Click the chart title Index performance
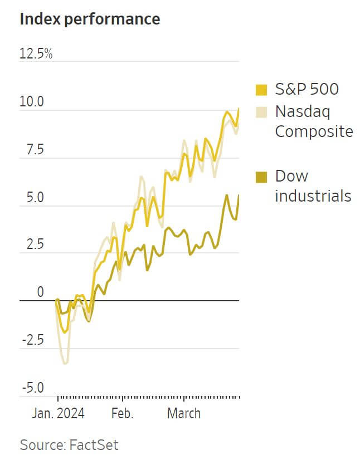point(90,19)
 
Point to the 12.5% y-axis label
point(36,54)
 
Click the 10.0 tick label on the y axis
point(32,102)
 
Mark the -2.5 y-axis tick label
point(32,340)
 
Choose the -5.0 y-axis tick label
point(32,388)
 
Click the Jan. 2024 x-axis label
point(58,413)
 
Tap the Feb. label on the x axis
point(123,413)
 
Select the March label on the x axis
point(184,413)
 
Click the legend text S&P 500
point(307,89)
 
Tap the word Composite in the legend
point(314,131)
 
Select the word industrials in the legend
point(313,196)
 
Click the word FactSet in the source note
point(94,445)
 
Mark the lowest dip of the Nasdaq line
point(66,364)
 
